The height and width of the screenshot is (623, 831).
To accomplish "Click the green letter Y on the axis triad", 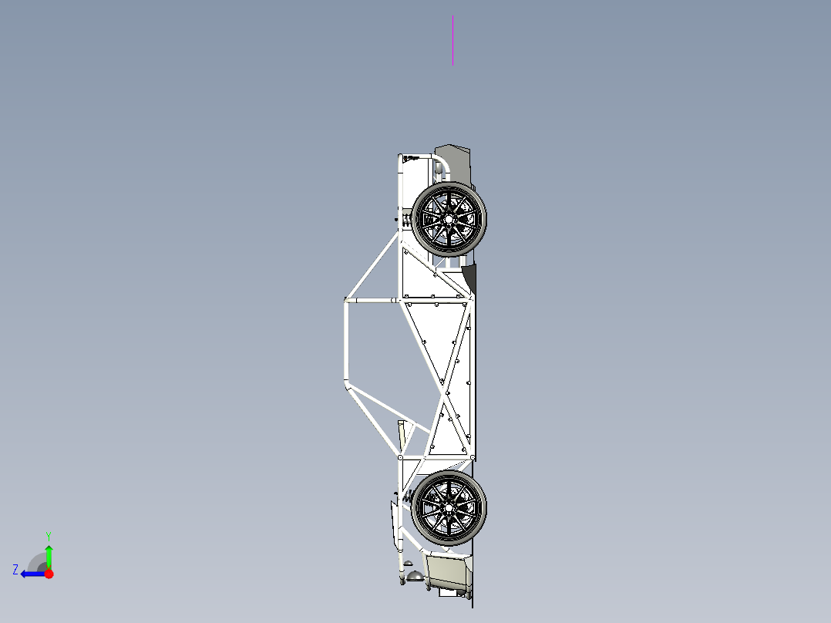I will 48,535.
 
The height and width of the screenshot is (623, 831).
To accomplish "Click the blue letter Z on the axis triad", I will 15,569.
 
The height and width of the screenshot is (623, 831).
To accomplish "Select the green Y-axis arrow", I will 49,555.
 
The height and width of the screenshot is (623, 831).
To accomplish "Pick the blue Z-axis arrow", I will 32,573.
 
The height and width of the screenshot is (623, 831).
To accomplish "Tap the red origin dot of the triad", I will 49,574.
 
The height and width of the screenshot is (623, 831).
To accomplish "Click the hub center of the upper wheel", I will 448,219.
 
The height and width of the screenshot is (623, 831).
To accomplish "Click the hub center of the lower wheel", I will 449,507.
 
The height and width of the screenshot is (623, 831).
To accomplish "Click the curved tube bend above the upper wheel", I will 440,163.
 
